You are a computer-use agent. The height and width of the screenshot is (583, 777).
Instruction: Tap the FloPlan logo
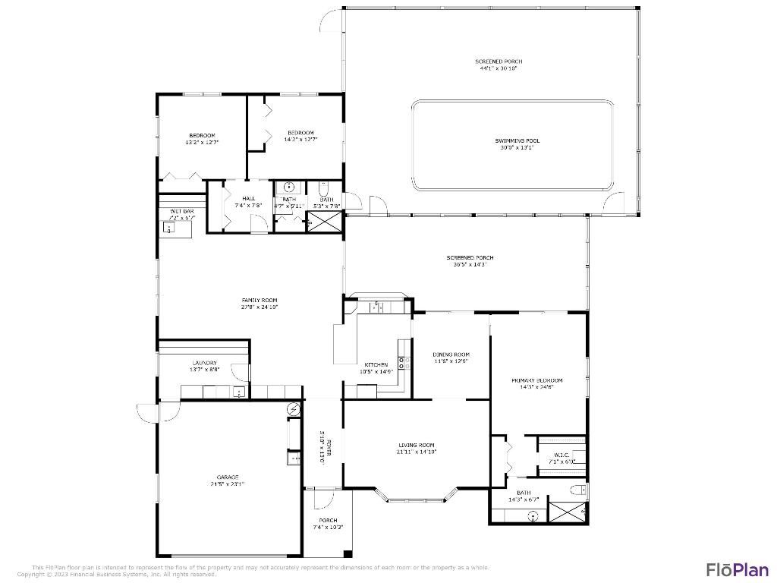click(738, 569)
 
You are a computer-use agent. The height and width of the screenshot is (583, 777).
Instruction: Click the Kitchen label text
click(376, 364)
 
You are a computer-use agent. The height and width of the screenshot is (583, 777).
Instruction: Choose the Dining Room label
click(451, 355)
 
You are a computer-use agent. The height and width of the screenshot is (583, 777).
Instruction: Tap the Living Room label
click(417, 445)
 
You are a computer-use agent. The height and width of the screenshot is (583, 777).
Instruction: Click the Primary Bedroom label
click(537, 380)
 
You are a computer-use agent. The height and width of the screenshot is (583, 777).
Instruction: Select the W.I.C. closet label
click(562, 455)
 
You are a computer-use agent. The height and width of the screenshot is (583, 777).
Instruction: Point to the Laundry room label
click(204, 363)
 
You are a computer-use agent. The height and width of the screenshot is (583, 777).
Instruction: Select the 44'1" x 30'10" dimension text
click(499, 68)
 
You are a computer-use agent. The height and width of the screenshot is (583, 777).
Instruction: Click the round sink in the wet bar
click(168, 227)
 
